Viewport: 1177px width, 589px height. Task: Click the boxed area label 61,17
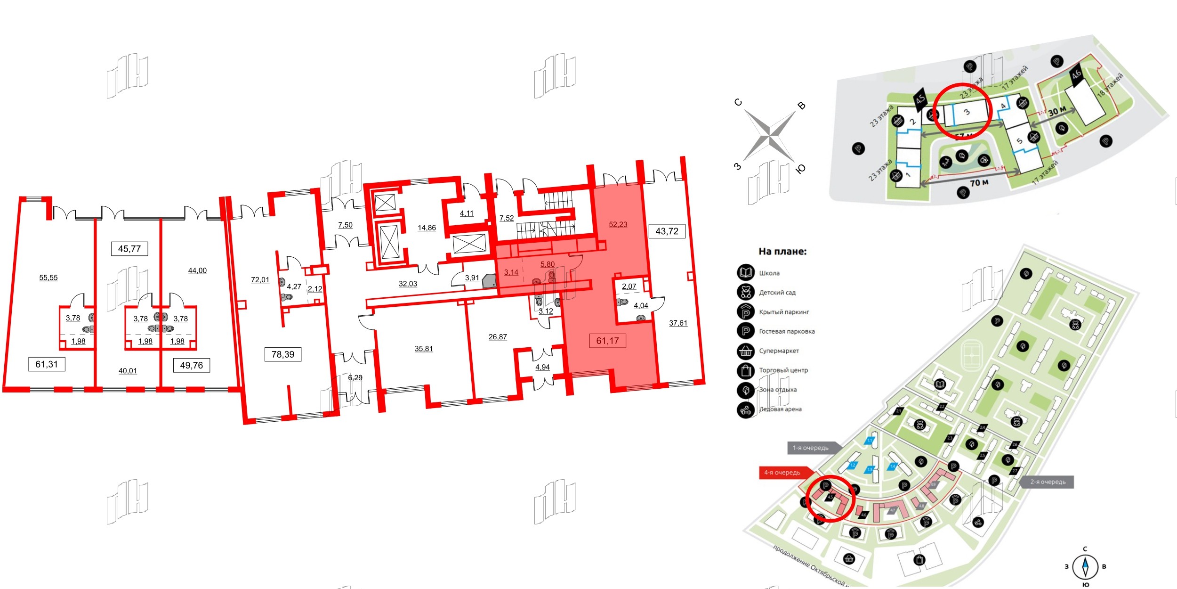click(x=607, y=341)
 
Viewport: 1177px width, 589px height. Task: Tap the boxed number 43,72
click(x=667, y=231)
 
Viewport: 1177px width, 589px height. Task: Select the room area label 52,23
click(x=618, y=225)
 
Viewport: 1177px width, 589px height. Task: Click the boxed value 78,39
click(x=282, y=354)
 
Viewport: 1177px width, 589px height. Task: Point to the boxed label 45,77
click(x=129, y=249)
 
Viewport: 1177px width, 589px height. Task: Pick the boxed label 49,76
click(x=191, y=365)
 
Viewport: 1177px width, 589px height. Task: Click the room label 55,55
click(x=48, y=278)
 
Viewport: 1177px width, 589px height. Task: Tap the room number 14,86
click(x=427, y=228)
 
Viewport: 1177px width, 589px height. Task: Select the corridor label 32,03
click(x=408, y=284)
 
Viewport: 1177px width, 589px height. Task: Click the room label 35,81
click(x=423, y=349)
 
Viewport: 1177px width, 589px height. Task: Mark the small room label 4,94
click(x=542, y=367)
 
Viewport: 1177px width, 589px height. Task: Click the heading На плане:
click(x=782, y=252)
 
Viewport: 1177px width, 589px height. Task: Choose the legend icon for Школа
click(x=746, y=273)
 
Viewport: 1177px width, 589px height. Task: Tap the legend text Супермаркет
click(x=779, y=351)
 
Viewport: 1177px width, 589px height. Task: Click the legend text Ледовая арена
click(x=780, y=409)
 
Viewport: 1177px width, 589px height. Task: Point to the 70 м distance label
click(x=979, y=182)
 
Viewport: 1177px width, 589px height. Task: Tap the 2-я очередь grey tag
click(x=1048, y=482)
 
